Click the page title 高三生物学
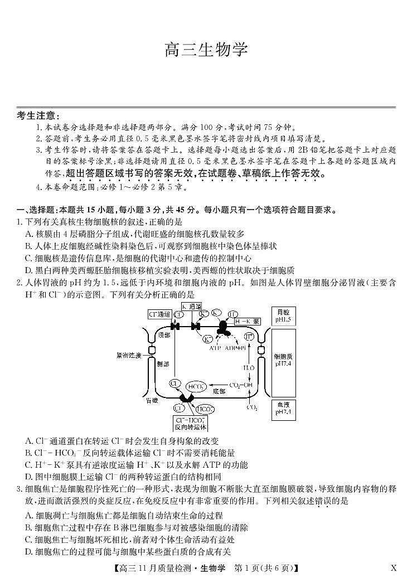(x=206, y=50)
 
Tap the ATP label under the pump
(x=216, y=347)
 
